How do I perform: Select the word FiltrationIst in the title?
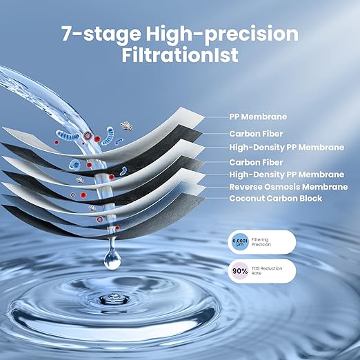(x=180, y=55)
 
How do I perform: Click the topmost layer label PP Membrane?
(x=257, y=117)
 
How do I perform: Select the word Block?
(x=310, y=199)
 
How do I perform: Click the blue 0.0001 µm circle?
(x=239, y=241)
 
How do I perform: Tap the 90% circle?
(x=239, y=270)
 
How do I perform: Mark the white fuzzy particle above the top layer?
(x=126, y=126)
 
